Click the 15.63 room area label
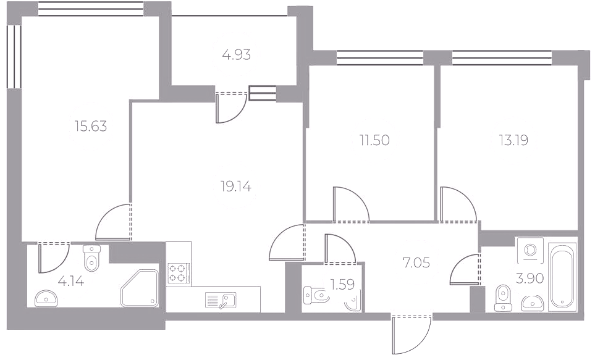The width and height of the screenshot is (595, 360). pyautogui.click(x=91, y=127)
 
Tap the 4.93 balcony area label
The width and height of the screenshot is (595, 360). pyautogui.click(x=237, y=55)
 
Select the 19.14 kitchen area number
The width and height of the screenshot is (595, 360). pyautogui.click(x=235, y=186)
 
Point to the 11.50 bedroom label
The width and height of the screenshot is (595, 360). pyautogui.click(x=374, y=140)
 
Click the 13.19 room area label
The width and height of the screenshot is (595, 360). pyautogui.click(x=513, y=140)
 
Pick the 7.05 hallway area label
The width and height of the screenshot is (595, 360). pyautogui.click(x=416, y=262)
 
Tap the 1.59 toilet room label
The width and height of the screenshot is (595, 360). pyautogui.click(x=342, y=284)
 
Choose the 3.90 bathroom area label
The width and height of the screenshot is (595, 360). pyautogui.click(x=530, y=278)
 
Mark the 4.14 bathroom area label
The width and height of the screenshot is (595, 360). pyautogui.click(x=71, y=281)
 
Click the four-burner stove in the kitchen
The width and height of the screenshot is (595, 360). pyautogui.click(x=179, y=273)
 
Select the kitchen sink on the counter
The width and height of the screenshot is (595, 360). pyautogui.click(x=221, y=299)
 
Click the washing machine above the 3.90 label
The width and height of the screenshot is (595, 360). pyautogui.click(x=530, y=249)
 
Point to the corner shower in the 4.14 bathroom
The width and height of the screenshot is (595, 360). pyautogui.click(x=139, y=288)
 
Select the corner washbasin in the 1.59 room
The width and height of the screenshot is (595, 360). pyautogui.click(x=353, y=303)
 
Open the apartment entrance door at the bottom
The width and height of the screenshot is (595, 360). pyautogui.click(x=411, y=334)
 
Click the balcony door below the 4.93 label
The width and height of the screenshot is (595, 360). pyautogui.click(x=231, y=108)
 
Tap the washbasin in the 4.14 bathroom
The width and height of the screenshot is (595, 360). pyautogui.click(x=46, y=298)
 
